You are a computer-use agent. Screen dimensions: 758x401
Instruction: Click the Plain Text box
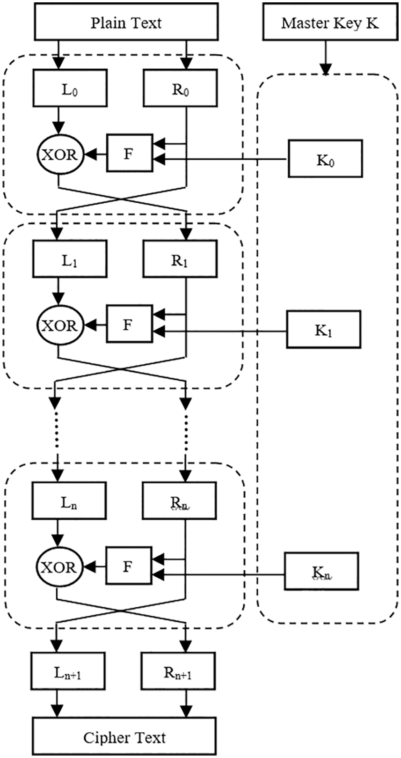click(126, 22)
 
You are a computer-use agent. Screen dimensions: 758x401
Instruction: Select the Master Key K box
click(330, 22)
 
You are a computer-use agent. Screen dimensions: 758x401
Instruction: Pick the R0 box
click(180, 88)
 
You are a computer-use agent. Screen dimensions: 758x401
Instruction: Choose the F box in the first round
click(130, 153)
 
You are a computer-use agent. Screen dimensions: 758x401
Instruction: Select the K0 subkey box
click(325, 159)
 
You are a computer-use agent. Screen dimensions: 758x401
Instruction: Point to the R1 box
click(180, 259)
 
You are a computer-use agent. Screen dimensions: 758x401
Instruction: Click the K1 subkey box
click(324, 330)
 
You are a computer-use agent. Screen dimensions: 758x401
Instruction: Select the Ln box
click(69, 501)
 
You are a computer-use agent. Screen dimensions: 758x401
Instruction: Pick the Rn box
click(179, 501)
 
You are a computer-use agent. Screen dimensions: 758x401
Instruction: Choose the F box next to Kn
click(128, 566)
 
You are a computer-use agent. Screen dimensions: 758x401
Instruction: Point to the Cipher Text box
click(124, 737)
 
